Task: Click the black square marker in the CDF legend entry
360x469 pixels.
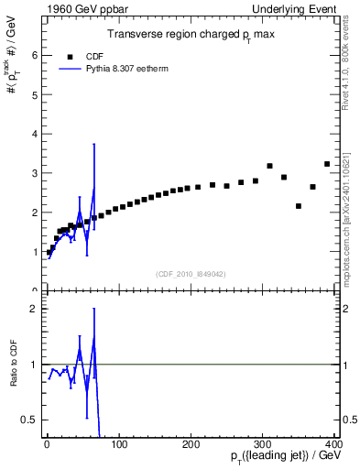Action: [71, 56]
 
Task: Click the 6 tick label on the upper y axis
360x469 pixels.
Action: [35, 55]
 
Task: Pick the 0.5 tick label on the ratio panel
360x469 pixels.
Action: [30, 420]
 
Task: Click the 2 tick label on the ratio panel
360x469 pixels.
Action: [35, 308]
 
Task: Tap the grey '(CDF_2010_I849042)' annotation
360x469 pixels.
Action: [191, 274]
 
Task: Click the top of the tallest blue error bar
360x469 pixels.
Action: [93, 145]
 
